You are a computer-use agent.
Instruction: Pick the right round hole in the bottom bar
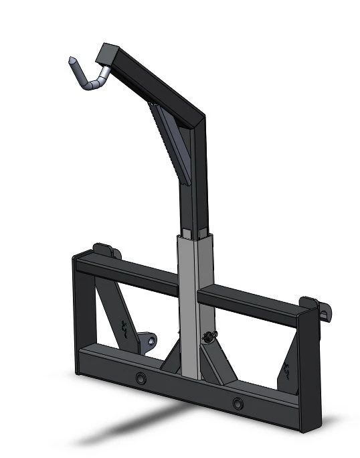coord(238,402)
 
